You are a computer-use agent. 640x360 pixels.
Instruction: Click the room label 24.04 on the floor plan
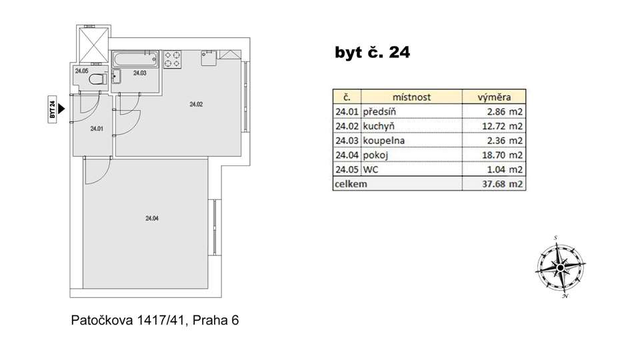click(152, 219)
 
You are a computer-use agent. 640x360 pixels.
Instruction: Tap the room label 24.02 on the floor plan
click(196, 104)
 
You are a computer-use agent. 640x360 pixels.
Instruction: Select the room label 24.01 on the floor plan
click(97, 129)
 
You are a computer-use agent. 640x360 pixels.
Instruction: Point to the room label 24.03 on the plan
click(139, 73)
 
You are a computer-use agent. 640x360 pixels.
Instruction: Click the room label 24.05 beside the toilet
click(81, 71)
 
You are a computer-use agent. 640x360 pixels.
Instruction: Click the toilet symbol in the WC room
click(97, 79)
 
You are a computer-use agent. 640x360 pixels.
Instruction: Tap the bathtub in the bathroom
click(135, 59)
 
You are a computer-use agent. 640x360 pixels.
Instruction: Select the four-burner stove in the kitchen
click(173, 59)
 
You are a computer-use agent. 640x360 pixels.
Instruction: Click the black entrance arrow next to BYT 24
click(61, 109)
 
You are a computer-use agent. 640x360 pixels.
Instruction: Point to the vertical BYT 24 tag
click(52, 109)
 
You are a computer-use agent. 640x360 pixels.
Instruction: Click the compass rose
click(561, 267)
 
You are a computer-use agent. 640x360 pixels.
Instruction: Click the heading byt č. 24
click(372, 52)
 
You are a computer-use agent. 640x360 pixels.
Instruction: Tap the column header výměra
click(494, 97)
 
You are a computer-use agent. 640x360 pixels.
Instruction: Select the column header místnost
click(411, 97)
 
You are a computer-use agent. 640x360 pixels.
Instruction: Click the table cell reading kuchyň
click(379, 126)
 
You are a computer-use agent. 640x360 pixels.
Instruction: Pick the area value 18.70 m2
click(502, 155)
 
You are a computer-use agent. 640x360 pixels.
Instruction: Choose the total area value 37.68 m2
click(502, 184)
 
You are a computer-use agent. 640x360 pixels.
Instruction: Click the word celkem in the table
click(351, 184)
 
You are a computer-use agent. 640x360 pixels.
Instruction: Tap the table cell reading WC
click(371, 169)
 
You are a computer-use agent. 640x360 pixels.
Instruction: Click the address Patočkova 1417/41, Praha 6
click(155, 321)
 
